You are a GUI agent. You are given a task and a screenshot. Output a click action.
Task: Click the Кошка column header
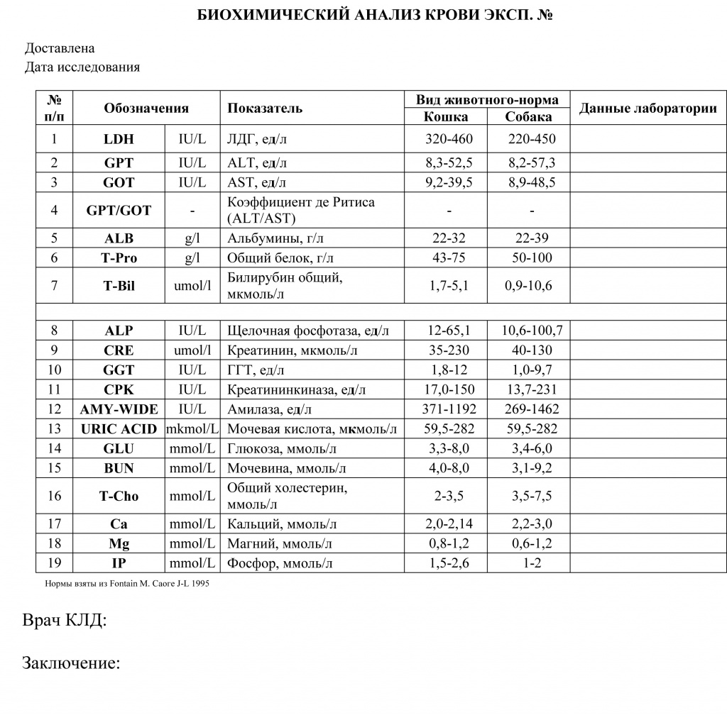(445, 117)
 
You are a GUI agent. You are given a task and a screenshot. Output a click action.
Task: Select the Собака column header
(528, 117)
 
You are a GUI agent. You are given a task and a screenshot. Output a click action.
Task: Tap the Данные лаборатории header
(647, 109)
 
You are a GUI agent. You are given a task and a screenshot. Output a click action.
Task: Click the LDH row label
(119, 139)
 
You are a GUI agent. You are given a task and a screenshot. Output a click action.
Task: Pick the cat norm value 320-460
(449, 139)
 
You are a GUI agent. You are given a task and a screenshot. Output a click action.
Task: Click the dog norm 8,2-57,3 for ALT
(532, 163)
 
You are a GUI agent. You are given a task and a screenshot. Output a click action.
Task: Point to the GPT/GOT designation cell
(119, 211)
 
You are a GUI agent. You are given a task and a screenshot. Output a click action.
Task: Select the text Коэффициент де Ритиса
(301, 203)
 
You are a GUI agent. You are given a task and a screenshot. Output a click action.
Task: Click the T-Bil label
(119, 287)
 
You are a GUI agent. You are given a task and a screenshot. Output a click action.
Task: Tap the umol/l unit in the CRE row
(192, 350)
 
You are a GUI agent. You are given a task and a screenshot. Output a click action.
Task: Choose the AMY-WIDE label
(119, 409)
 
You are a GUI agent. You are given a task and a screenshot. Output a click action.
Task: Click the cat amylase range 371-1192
(449, 409)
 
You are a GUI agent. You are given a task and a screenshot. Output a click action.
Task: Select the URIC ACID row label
(119, 429)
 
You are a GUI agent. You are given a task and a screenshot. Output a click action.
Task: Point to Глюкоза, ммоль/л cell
(282, 449)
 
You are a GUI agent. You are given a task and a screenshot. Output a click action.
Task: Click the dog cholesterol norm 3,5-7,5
(532, 497)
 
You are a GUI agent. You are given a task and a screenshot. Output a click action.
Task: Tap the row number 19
(54, 564)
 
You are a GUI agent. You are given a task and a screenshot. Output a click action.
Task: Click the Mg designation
(119, 544)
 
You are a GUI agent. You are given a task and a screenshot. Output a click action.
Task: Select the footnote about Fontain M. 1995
(127, 583)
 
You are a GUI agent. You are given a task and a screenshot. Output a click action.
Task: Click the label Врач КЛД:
(65, 621)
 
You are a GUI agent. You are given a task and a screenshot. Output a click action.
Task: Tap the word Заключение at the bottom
(70, 664)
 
